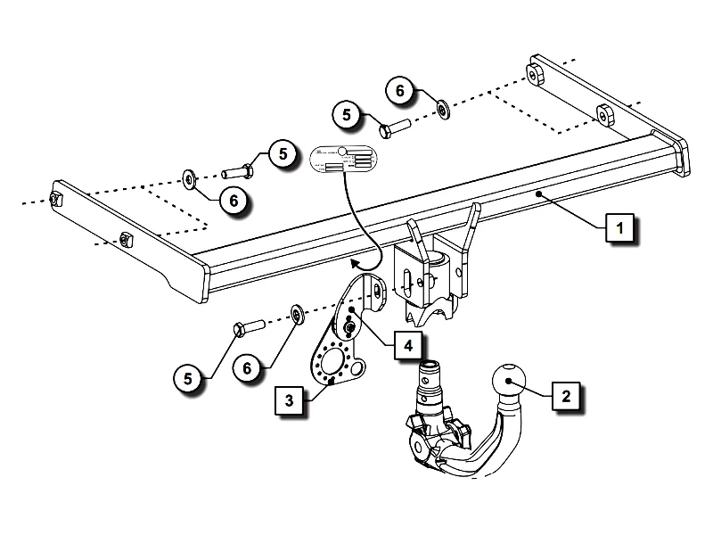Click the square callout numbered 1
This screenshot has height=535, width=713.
(619, 228)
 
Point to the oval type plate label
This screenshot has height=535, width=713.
(344, 160)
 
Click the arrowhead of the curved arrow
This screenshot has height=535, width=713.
(355, 263)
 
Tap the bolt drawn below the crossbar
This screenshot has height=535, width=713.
(247, 327)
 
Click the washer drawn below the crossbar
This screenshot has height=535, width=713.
(295, 314)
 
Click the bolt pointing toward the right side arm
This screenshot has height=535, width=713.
(393, 128)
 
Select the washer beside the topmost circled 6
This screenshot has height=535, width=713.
(443, 110)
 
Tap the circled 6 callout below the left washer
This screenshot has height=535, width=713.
(234, 202)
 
